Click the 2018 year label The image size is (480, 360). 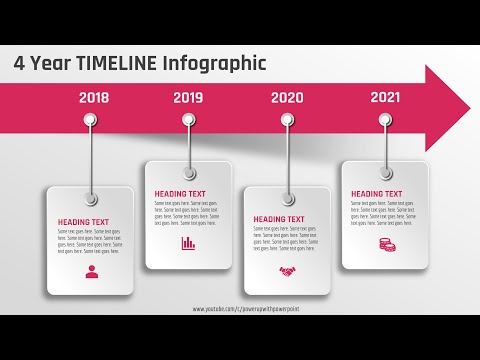click(93, 98)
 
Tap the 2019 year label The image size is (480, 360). click(188, 97)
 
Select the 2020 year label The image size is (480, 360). click(287, 98)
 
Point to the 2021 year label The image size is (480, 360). click(385, 97)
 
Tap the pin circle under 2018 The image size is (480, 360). click(91, 121)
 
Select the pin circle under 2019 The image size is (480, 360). click(188, 120)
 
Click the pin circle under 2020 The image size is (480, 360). click(287, 120)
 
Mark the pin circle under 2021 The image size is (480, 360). click(385, 120)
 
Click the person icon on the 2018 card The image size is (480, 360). click(92, 272)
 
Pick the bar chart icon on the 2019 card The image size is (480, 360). click(188, 243)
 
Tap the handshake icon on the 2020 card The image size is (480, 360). click(287, 271)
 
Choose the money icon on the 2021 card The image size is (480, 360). click(385, 244)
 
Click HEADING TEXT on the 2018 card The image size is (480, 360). click(84, 221)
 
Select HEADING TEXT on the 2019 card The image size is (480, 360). click(181, 194)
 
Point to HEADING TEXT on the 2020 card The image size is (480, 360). click(280, 219)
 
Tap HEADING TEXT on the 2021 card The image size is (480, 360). click(377, 194)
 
